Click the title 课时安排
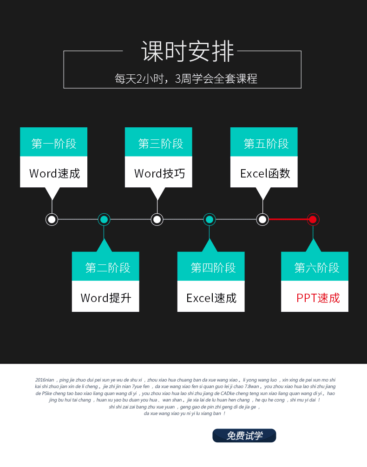coord(188,52)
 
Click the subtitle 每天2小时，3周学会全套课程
coord(186,79)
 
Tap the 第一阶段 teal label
coord(54,143)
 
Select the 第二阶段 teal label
coord(106,267)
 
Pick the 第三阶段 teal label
coord(159,143)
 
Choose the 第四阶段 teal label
coord(211,267)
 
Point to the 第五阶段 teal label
coord(264,143)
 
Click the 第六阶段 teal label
coord(315,267)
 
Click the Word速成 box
coord(54,173)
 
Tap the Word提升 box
coord(106,297)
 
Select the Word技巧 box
coord(159,173)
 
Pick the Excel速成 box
coord(211,297)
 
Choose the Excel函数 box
coord(264,173)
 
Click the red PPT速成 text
coord(318,298)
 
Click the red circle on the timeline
coord(313,219)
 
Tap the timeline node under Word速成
coord(52,219)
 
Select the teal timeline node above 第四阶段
coord(210,219)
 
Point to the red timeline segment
coord(288,219)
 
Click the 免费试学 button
coord(244,436)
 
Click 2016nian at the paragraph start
coord(45,380)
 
